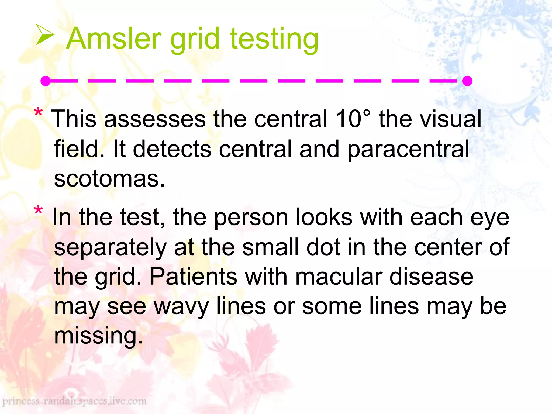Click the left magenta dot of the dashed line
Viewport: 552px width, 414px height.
click(46, 81)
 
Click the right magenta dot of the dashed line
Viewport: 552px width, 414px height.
click(467, 81)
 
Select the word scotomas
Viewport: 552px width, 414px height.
click(109, 179)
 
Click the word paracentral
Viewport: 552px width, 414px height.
click(408, 149)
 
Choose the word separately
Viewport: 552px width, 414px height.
click(110, 247)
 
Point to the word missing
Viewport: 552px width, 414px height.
click(98, 336)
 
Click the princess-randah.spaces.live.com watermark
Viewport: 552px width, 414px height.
click(74, 401)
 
